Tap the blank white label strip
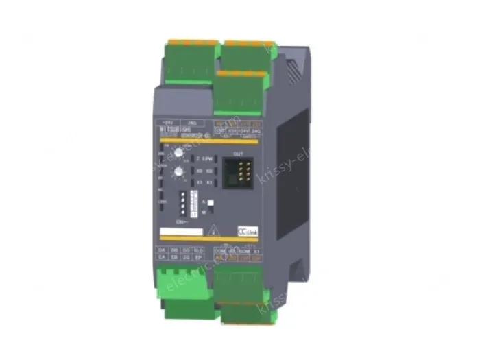pyautogui.click(x=180, y=232)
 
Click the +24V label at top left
pyautogui.click(x=167, y=117)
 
